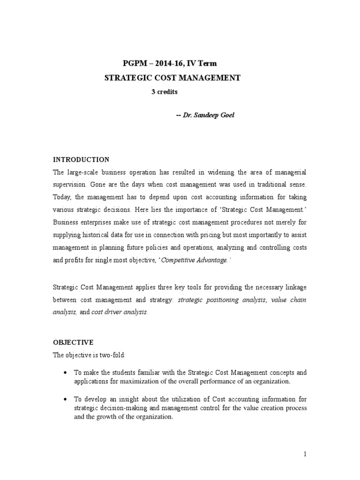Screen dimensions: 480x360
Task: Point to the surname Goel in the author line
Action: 225,115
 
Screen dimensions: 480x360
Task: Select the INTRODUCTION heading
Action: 81,159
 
